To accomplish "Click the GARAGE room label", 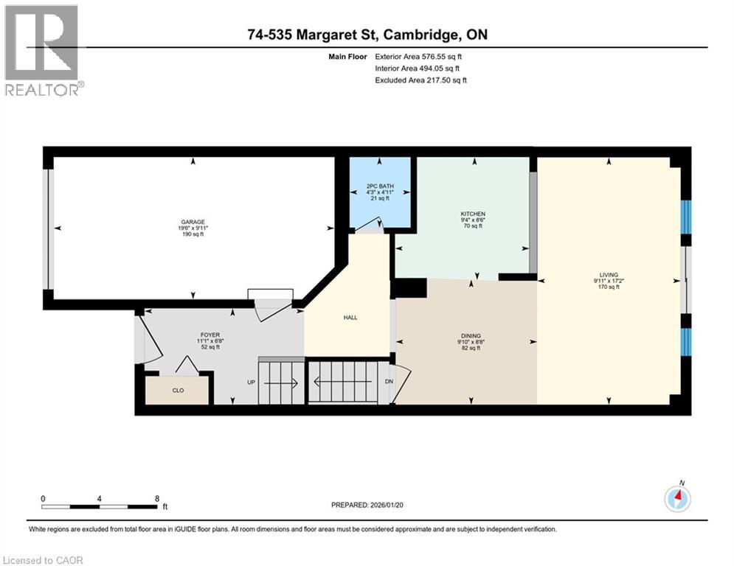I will pyautogui.click(x=193, y=221).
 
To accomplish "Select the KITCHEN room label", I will pyautogui.click(x=473, y=214).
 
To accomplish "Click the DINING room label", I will pyautogui.click(x=470, y=335).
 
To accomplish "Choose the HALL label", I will pyautogui.click(x=350, y=318).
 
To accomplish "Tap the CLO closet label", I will pyautogui.click(x=178, y=391).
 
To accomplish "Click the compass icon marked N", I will pyautogui.click(x=676, y=498).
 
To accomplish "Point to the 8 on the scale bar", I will pyautogui.click(x=157, y=498).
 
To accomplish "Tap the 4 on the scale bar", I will pyautogui.click(x=100, y=498).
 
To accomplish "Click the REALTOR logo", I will pyautogui.click(x=43, y=50).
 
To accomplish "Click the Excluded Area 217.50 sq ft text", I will pyautogui.click(x=420, y=80).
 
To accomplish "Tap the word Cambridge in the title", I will pyautogui.click(x=426, y=35).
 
